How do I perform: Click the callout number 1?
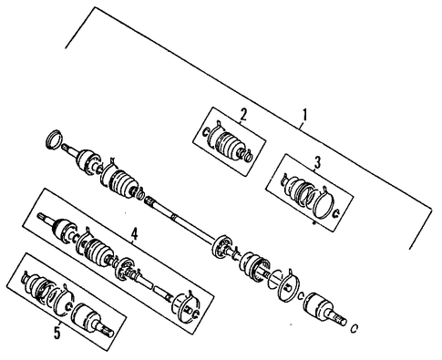[304, 115]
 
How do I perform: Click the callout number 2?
[243, 115]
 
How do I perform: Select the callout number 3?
[317, 163]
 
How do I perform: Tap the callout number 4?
[134, 234]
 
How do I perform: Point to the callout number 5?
[57, 334]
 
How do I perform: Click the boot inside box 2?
[230, 145]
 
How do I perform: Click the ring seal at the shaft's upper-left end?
[54, 139]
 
